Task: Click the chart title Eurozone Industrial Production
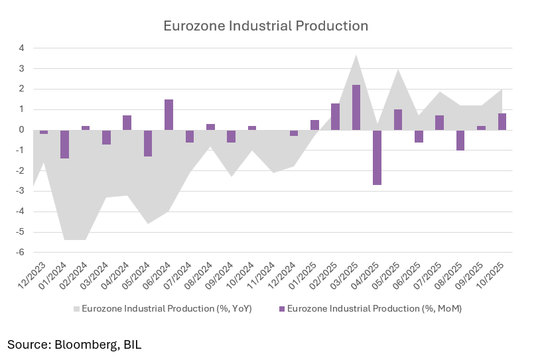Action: pos(266,27)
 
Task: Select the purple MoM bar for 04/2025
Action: pos(377,157)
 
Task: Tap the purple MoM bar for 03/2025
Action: pos(356,107)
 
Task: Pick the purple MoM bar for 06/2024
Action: pos(169,115)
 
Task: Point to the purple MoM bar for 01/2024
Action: pos(64,144)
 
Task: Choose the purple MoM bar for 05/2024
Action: pos(148,143)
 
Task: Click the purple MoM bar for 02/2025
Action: pos(335,117)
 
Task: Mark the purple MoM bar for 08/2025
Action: pos(460,140)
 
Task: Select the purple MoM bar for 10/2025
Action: pos(502,122)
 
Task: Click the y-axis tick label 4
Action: pos(21,48)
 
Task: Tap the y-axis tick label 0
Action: pos(21,130)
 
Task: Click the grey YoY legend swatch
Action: pos(76,308)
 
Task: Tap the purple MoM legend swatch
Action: pos(282,308)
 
